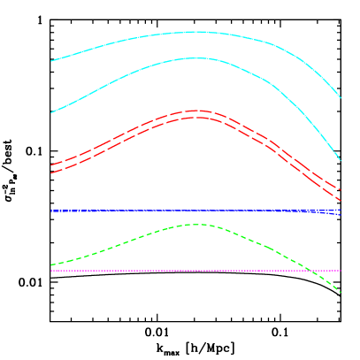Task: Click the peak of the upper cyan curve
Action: pos(196,32)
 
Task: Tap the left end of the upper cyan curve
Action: pos(51,61)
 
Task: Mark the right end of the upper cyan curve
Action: pos(341,98)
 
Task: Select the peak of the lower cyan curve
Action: pos(195,58)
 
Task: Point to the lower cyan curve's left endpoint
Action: pos(51,112)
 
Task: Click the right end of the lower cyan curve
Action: pos(341,161)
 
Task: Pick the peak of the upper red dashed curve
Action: pos(195,111)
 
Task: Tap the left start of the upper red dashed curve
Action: pos(51,165)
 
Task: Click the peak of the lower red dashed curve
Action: pos(195,117)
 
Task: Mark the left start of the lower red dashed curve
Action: pos(51,172)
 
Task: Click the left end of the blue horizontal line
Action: pos(51,211)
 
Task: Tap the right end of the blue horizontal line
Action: pos(341,211)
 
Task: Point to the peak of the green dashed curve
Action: pos(197,225)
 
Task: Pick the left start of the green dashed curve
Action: pos(51,264)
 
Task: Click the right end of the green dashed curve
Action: pos(341,293)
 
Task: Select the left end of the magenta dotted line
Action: pos(51,271)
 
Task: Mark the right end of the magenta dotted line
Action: pos(341,271)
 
